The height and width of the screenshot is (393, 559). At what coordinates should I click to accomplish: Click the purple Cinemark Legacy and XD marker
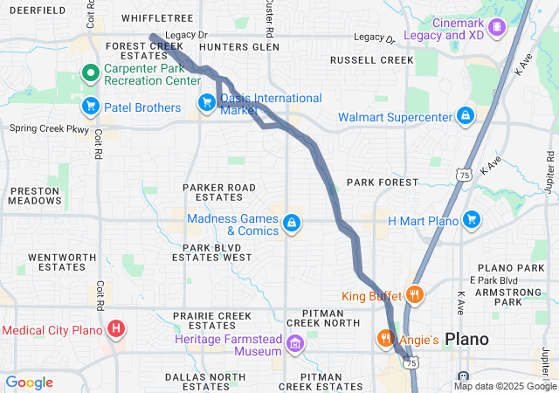(497, 27)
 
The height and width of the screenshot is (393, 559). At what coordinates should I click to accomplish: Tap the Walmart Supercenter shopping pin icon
(466, 116)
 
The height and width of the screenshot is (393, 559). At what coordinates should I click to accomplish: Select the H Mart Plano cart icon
(471, 219)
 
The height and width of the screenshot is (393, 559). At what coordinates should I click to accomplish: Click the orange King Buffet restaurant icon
(415, 295)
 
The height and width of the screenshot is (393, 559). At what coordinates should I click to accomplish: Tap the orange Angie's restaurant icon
(383, 337)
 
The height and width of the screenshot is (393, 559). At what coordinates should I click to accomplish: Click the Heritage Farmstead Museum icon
(296, 344)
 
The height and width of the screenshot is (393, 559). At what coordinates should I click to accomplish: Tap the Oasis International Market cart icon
(207, 103)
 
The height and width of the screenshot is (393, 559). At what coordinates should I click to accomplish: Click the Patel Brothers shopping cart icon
(90, 107)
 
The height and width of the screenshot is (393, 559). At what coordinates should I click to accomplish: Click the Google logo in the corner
(29, 382)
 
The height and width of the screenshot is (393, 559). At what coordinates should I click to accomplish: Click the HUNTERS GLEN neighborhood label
(239, 46)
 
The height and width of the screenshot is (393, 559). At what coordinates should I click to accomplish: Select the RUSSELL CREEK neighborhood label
(371, 60)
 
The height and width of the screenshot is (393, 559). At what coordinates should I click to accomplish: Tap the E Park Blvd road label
(493, 279)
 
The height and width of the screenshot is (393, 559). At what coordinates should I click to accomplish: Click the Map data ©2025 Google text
(505, 386)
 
